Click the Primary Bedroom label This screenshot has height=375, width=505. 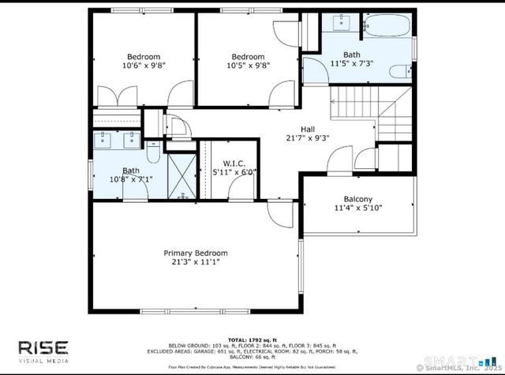point(190,253)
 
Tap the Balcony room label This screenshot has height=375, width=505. point(357,199)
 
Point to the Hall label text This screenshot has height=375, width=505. point(309,129)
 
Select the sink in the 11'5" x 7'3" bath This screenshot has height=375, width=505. point(342,22)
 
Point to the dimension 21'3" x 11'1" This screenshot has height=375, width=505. point(190,262)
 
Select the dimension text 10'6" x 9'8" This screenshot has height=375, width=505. point(144,66)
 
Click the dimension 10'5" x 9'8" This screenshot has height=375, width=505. point(247,66)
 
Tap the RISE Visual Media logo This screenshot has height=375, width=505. point(44,351)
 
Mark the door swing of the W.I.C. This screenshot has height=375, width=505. point(238,187)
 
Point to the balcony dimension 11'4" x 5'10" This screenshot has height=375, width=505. point(357,208)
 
